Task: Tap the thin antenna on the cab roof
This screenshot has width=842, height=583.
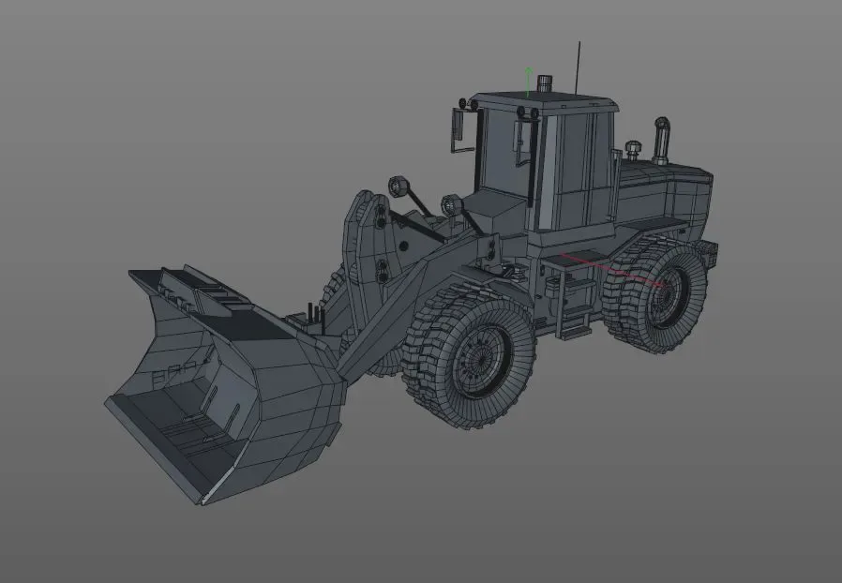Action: pyautogui.click(x=579, y=66)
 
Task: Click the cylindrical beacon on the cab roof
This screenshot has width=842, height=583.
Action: pyautogui.click(x=545, y=84)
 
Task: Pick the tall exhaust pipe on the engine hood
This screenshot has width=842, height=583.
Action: pyautogui.click(x=660, y=141)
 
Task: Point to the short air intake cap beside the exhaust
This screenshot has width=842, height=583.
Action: pyautogui.click(x=632, y=150)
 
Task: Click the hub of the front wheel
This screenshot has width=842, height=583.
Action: pyautogui.click(x=479, y=360)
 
